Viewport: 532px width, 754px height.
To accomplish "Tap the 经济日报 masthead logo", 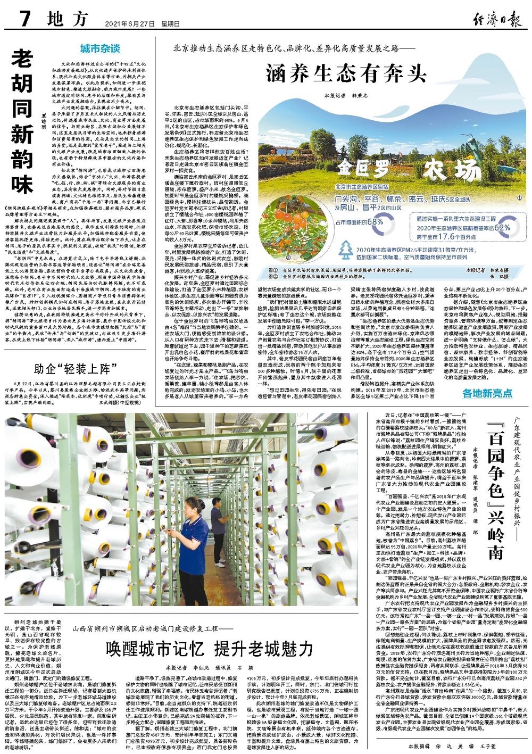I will click(496, 19).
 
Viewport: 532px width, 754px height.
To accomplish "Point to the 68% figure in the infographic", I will click(375, 221).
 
